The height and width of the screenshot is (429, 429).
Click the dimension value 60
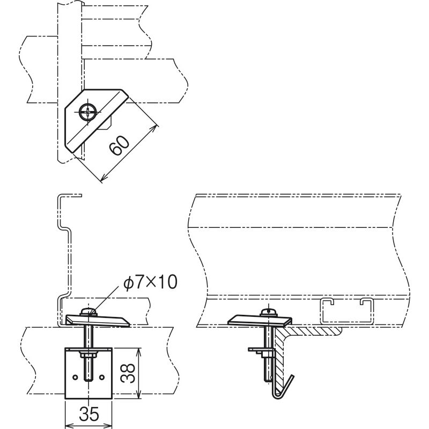(x=119, y=145)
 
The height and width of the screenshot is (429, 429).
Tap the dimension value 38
(x=128, y=373)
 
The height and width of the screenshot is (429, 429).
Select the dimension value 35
(x=88, y=414)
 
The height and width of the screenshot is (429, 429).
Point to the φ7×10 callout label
(x=150, y=282)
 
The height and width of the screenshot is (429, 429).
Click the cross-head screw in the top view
(x=87, y=112)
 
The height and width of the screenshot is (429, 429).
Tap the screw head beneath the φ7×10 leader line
(x=88, y=312)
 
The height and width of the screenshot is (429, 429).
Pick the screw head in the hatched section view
(x=269, y=312)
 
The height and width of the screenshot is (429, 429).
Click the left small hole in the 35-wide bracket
(x=75, y=378)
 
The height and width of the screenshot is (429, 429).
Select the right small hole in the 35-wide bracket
(x=102, y=378)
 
